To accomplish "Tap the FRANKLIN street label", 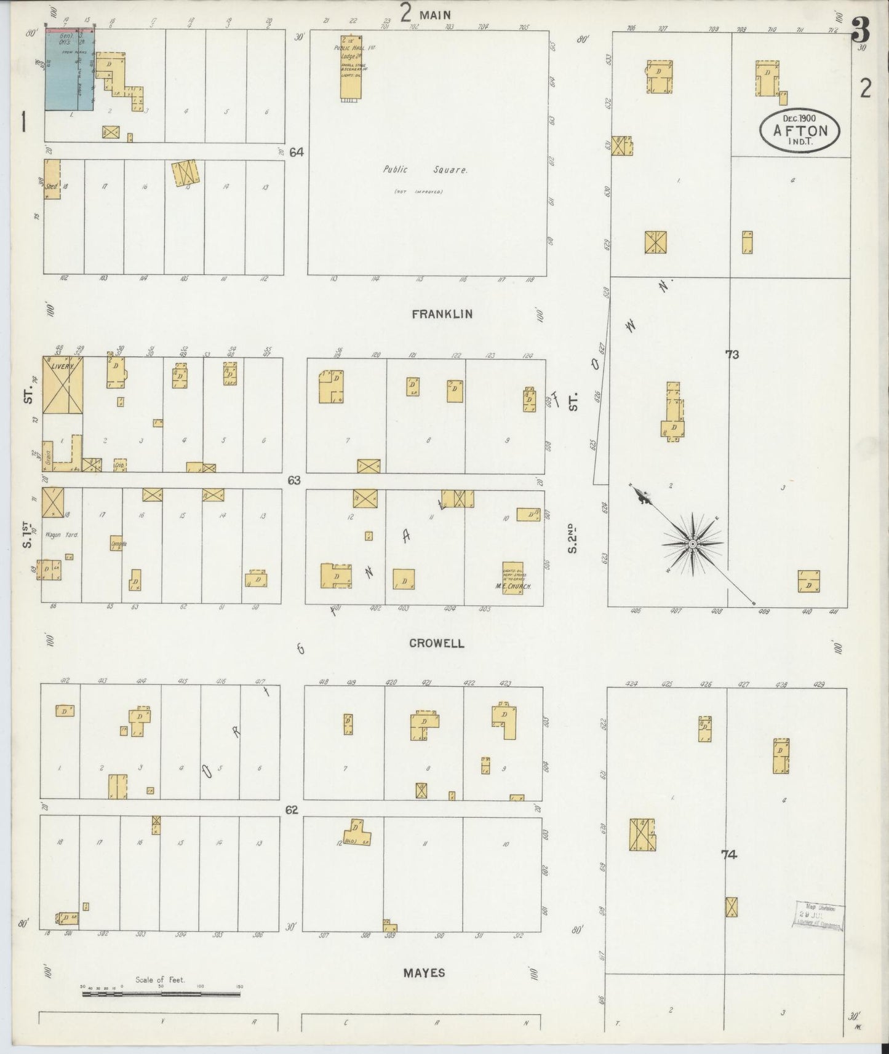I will [442, 314].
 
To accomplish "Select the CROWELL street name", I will [436, 643].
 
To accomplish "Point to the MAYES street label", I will [425, 973].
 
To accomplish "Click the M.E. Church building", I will [512, 576].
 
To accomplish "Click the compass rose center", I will [693, 544].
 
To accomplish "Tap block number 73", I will [732, 355].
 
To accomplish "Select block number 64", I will [297, 152].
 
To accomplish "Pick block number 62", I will [292, 810].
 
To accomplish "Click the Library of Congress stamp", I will [819, 916].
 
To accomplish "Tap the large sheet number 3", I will [860, 30].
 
